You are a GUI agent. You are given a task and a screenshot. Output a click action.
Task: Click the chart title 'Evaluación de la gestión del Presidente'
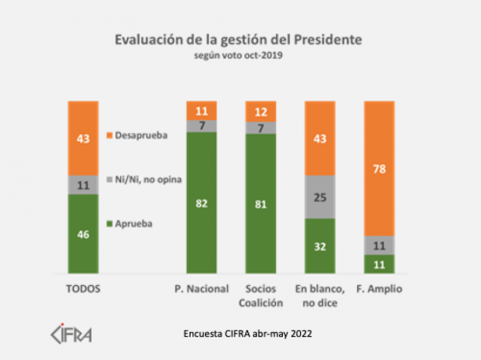coord(239,40)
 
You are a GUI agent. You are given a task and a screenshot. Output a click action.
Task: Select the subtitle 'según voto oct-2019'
coord(239,56)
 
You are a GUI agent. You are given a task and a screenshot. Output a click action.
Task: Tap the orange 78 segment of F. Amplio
coord(379,168)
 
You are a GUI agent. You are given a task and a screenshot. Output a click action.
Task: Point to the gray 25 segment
coord(320,197)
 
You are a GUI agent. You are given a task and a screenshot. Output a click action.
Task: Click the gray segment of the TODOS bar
coord(83,185)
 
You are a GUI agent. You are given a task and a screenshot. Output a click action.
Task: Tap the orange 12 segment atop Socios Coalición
coord(261,111)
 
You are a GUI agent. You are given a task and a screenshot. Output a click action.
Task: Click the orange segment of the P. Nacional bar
coord(202,110)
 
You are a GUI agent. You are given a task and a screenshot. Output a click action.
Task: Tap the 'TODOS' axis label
coord(83,289)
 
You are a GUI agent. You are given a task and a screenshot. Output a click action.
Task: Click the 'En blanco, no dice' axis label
coord(320,296)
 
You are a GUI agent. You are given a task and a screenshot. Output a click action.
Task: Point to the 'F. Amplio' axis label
coord(379,289)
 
